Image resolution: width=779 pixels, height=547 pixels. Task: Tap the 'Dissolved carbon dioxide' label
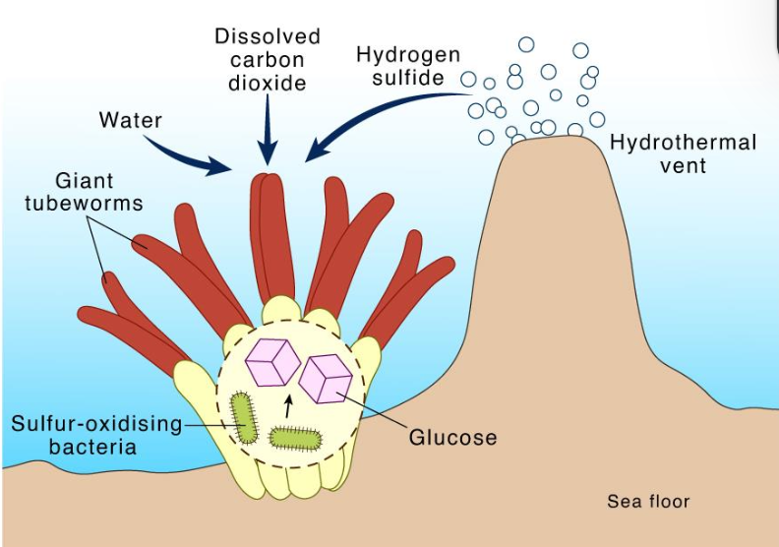(268, 59)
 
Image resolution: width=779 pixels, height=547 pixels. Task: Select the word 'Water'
(131, 121)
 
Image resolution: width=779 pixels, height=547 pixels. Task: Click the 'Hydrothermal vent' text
(684, 153)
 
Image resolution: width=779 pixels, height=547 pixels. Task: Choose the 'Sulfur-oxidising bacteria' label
(96, 435)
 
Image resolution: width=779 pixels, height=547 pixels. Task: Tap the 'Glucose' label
(453, 436)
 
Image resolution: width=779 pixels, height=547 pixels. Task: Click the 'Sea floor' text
(648, 502)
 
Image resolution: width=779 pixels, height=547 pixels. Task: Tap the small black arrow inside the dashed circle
(288, 403)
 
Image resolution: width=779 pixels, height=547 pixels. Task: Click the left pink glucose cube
(272, 360)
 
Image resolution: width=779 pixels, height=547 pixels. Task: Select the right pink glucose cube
(326, 378)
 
